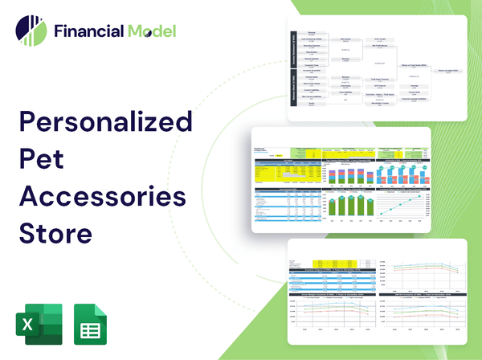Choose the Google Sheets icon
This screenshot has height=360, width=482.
(91, 324)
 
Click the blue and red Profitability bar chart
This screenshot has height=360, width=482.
(406, 170)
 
